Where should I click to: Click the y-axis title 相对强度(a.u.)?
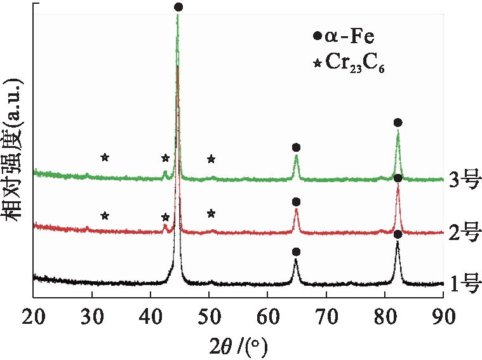coord(14,150)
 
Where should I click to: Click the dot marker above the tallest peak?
coord(178,7)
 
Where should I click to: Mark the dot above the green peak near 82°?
coord(398,123)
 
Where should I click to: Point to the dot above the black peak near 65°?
coord(296,252)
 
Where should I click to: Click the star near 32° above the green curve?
coord(105,157)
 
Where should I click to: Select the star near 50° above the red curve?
coord(211,214)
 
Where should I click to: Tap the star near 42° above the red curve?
coord(165,217)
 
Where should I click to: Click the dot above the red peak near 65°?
coord(296,202)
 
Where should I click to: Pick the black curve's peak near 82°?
coord(398,244)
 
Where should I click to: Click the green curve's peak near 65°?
coord(296,157)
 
